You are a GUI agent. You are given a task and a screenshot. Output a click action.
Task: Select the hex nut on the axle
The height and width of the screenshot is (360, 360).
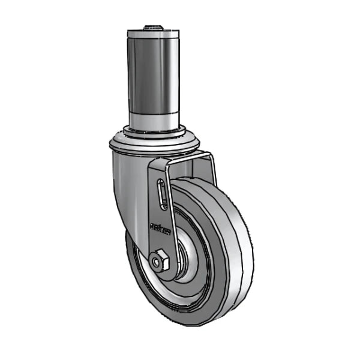(x=160, y=262)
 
